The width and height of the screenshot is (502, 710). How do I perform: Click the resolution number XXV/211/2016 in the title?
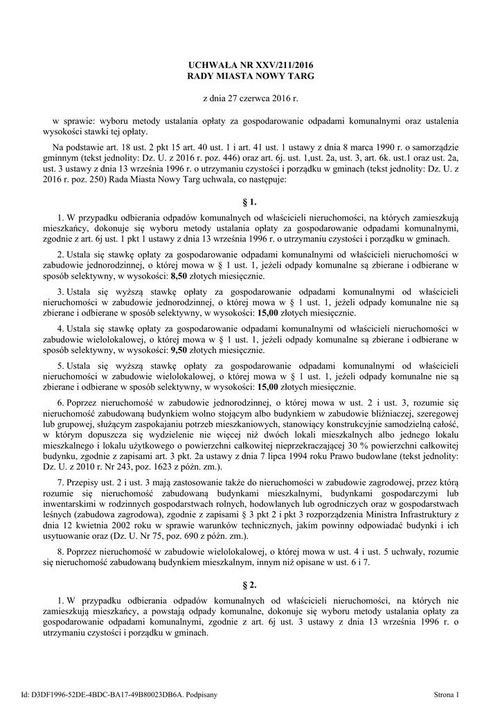[x=284, y=64]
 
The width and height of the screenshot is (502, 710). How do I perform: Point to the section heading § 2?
[x=251, y=586]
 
